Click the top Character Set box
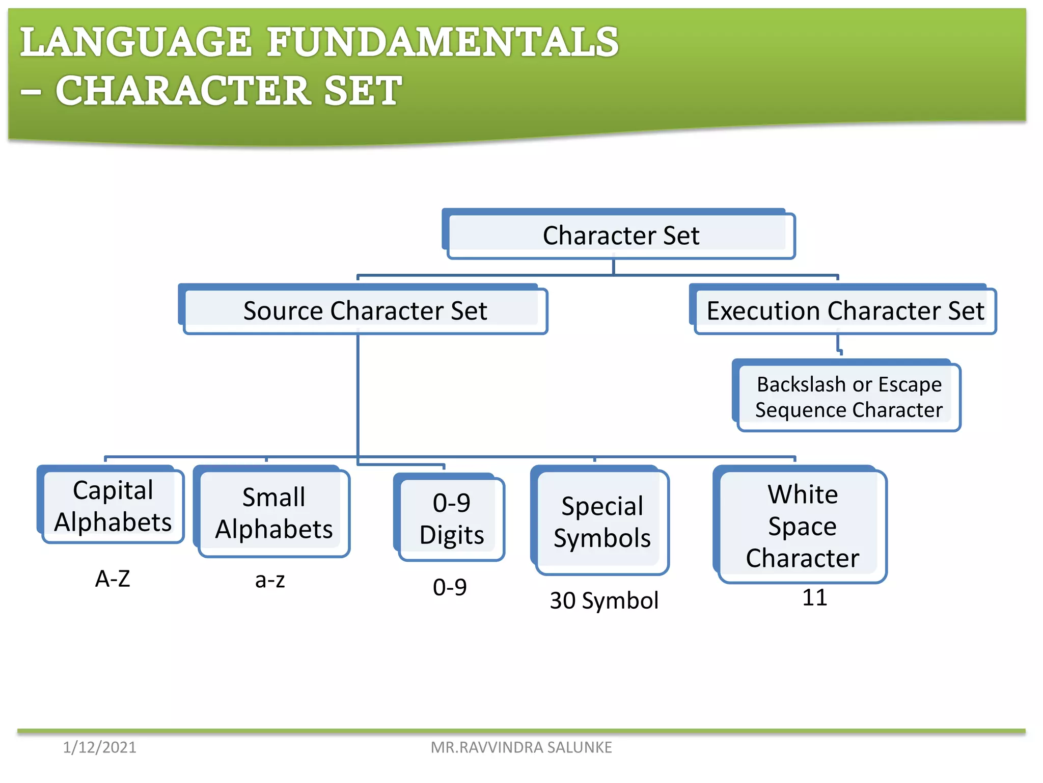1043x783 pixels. tap(620, 236)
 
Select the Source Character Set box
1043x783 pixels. tap(365, 310)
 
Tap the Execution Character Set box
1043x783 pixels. tap(845, 310)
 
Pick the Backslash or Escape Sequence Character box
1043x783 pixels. tap(848, 397)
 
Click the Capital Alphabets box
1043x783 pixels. tap(113, 506)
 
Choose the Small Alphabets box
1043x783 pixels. tap(273, 513)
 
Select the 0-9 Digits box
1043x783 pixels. tap(451, 518)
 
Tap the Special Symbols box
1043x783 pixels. tap(602, 522)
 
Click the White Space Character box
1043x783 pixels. tap(802, 526)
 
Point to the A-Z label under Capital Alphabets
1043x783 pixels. tap(113, 579)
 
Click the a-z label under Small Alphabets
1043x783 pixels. tap(270, 580)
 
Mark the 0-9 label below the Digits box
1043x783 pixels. tap(450, 587)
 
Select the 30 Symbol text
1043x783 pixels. tap(604, 601)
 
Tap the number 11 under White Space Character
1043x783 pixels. tap(814, 597)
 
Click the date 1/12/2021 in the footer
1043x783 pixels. tap(99, 747)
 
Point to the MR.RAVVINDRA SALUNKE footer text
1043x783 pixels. tap(521, 747)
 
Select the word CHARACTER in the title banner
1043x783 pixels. tap(183, 91)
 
